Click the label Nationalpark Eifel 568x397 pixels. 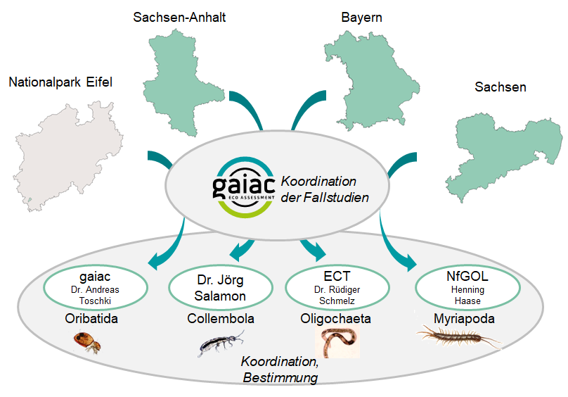[60, 83]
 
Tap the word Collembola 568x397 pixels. [221, 319]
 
